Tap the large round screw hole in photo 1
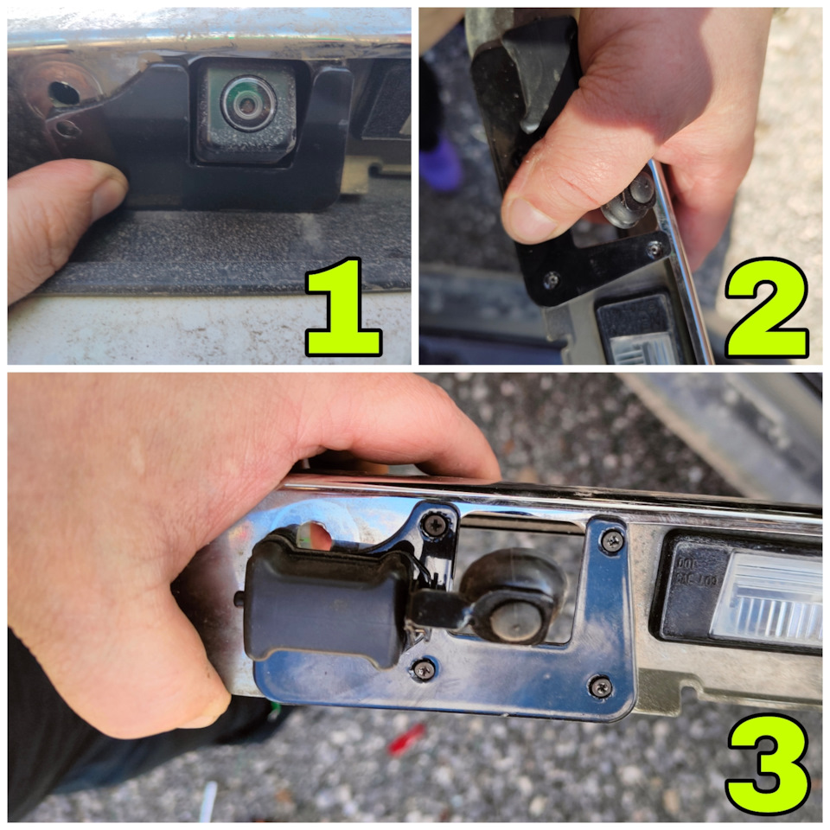(64, 93)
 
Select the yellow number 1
(343, 306)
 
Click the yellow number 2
(767, 308)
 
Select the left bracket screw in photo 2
(551, 278)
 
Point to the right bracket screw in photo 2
(654, 248)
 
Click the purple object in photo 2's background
(441, 162)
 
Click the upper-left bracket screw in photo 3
(435, 524)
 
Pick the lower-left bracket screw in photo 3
(424, 670)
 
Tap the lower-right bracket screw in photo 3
(600, 686)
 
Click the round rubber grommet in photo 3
(513, 597)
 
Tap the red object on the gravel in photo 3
(406, 738)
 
